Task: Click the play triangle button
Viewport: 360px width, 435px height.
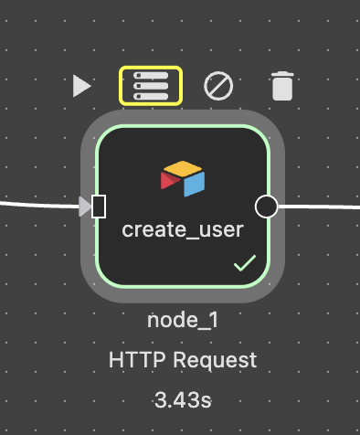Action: click(x=82, y=86)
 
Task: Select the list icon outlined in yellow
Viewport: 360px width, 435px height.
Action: click(x=151, y=86)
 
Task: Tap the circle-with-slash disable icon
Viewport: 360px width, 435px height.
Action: click(x=218, y=86)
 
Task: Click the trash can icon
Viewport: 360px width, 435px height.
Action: click(x=282, y=87)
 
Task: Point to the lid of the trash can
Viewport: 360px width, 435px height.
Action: click(x=282, y=76)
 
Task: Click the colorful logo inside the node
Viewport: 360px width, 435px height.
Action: click(x=183, y=178)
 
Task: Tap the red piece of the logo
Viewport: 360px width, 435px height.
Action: click(x=170, y=181)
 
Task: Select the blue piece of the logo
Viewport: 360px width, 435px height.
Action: click(x=193, y=184)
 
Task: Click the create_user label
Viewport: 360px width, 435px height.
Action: click(x=183, y=229)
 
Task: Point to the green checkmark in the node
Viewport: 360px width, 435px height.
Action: click(x=244, y=264)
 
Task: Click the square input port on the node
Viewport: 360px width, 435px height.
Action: click(x=99, y=207)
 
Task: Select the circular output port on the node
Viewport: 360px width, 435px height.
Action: click(x=266, y=207)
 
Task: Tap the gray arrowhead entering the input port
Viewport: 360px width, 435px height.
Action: click(x=85, y=207)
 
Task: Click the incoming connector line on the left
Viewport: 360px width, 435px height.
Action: click(x=37, y=204)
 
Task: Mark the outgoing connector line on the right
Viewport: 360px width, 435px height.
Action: click(x=320, y=206)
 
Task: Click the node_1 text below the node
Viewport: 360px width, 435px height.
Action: click(x=183, y=321)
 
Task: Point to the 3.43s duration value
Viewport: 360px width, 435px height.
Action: click(x=183, y=399)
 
